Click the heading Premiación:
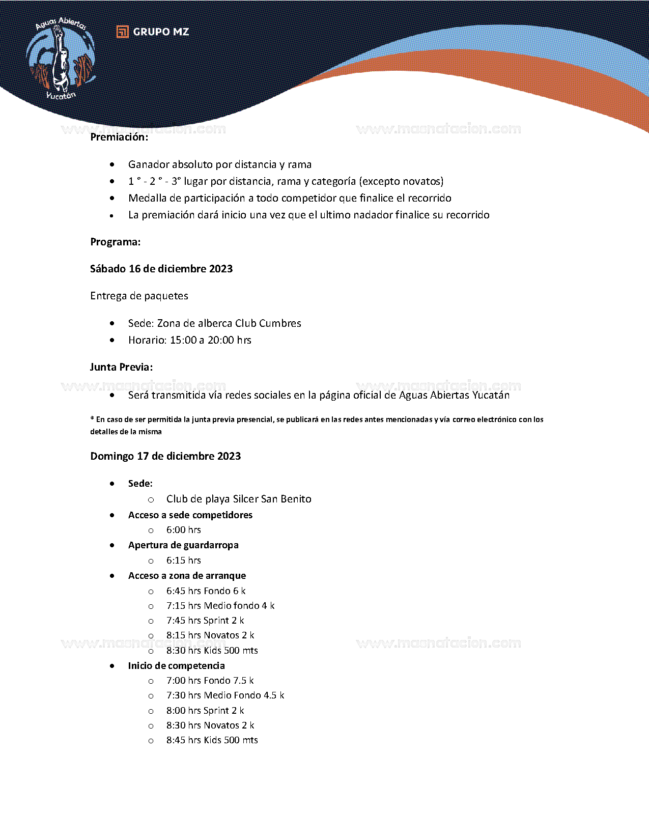pos(119,137)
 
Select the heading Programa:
pos(116,242)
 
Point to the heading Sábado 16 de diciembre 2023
pos(161,269)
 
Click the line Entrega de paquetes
pos(139,296)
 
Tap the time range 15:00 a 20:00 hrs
pos(211,340)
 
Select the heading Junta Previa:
pos(121,367)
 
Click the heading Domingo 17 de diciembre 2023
pos(165,456)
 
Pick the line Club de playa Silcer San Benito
pos(239,499)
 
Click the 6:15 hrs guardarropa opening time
pos(184,561)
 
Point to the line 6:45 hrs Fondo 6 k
pos(206,591)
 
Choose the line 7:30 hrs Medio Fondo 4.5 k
pos(225,695)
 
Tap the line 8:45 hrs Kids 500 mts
pos(212,740)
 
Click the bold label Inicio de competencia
pos(176,666)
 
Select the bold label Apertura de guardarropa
pos(183,545)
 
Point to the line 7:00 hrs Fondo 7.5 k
pos(210,681)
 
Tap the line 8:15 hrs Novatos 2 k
pos(210,635)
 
